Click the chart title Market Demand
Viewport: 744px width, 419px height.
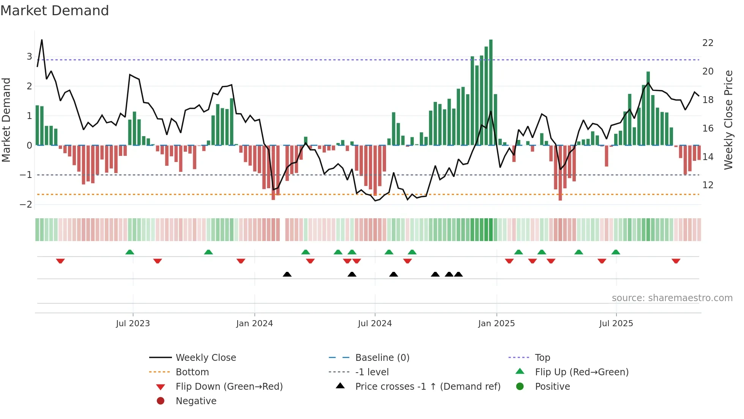pyautogui.click(x=55, y=11)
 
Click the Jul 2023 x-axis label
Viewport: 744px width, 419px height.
pyautogui.click(x=133, y=324)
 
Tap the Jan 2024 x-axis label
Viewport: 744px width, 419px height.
pyautogui.click(x=254, y=324)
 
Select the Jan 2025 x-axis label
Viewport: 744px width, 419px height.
pyautogui.click(x=496, y=324)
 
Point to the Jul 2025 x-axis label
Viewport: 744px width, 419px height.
pyautogui.click(x=616, y=324)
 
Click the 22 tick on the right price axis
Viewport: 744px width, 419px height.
pyautogui.click(x=708, y=43)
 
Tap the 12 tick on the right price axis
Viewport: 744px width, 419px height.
pyautogui.click(x=708, y=185)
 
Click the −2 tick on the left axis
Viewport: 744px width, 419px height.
pyautogui.click(x=26, y=205)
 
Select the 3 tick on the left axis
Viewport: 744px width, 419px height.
pyautogui.click(x=29, y=57)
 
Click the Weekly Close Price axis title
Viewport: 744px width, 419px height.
pyautogui.click(x=728, y=120)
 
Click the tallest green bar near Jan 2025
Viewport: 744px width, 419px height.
pyautogui.click(x=491, y=91)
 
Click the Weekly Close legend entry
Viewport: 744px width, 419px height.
pyautogui.click(x=205, y=358)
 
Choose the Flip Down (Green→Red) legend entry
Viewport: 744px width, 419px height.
pyautogui.click(x=229, y=387)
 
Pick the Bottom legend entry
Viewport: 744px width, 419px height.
pyautogui.click(x=192, y=372)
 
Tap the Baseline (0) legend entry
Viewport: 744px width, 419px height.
pyautogui.click(x=382, y=358)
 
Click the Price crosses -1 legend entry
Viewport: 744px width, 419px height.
pyautogui.click(x=427, y=387)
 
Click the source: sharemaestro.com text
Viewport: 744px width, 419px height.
pyautogui.click(x=672, y=298)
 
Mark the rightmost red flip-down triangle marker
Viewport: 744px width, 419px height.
pyautogui.click(x=676, y=261)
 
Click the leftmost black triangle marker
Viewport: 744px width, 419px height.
pyautogui.click(x=287, y=274)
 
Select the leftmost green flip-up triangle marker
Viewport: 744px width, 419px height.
pyautogui.click(x=130, y=252)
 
